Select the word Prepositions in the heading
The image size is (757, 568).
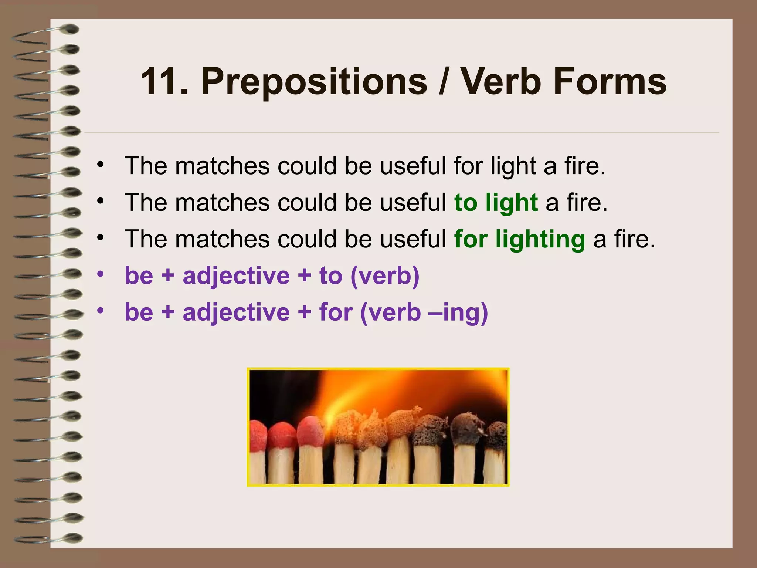[314, 82]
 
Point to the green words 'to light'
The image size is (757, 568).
[496, 203]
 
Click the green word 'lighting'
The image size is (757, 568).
[540, 240]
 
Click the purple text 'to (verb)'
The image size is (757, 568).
[369, 276]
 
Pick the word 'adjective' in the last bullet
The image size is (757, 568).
[236, 312]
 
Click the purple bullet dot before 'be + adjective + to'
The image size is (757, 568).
[101, 274]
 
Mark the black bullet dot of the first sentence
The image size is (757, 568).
[101, 165]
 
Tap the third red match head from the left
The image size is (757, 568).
[310, 431]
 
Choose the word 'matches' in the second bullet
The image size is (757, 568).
[222, 203]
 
